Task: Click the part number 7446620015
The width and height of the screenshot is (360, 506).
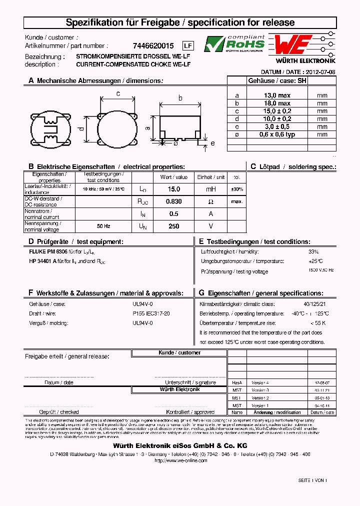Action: point(153,45)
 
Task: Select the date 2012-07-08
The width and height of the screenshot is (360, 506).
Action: point(320,72)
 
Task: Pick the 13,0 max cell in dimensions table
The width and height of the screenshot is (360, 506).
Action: point(277,95)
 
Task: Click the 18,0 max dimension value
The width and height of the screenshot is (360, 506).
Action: point(277,103)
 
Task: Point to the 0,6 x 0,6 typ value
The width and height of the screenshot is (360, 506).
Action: point(277,134)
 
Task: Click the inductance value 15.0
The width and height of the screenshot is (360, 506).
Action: point(173,189)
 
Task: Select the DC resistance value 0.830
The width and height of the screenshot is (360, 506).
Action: point(173,201)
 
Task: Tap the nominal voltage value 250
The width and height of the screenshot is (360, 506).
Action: point(173,226)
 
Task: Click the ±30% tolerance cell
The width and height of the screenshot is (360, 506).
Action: point(237,189)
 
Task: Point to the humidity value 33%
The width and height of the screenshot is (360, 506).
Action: point(313,252)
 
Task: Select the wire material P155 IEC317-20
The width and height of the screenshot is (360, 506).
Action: point(151,313)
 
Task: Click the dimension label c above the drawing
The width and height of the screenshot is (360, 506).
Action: point(118,93)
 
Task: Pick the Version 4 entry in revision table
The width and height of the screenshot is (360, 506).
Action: point(260,382)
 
